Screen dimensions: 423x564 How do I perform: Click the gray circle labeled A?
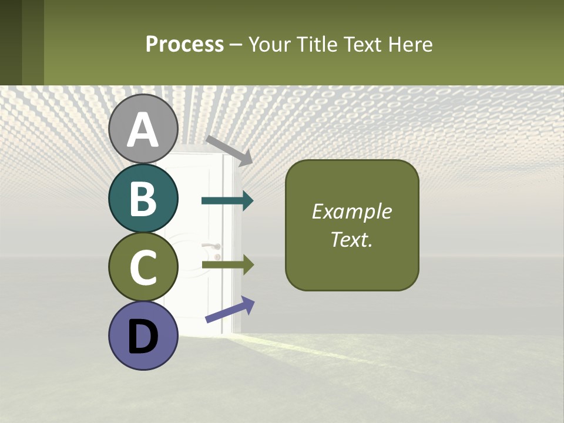(143, 129)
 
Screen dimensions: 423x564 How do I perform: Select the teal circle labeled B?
(143, 198)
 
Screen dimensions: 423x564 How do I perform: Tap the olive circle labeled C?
(143, 267)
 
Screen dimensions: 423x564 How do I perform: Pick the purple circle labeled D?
(143, 335)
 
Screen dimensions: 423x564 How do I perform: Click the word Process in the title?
(184, 44)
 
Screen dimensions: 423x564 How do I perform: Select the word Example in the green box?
(352, 211)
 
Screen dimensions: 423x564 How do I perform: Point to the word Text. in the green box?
(352, 239)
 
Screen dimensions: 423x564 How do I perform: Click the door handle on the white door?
(212, 246)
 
